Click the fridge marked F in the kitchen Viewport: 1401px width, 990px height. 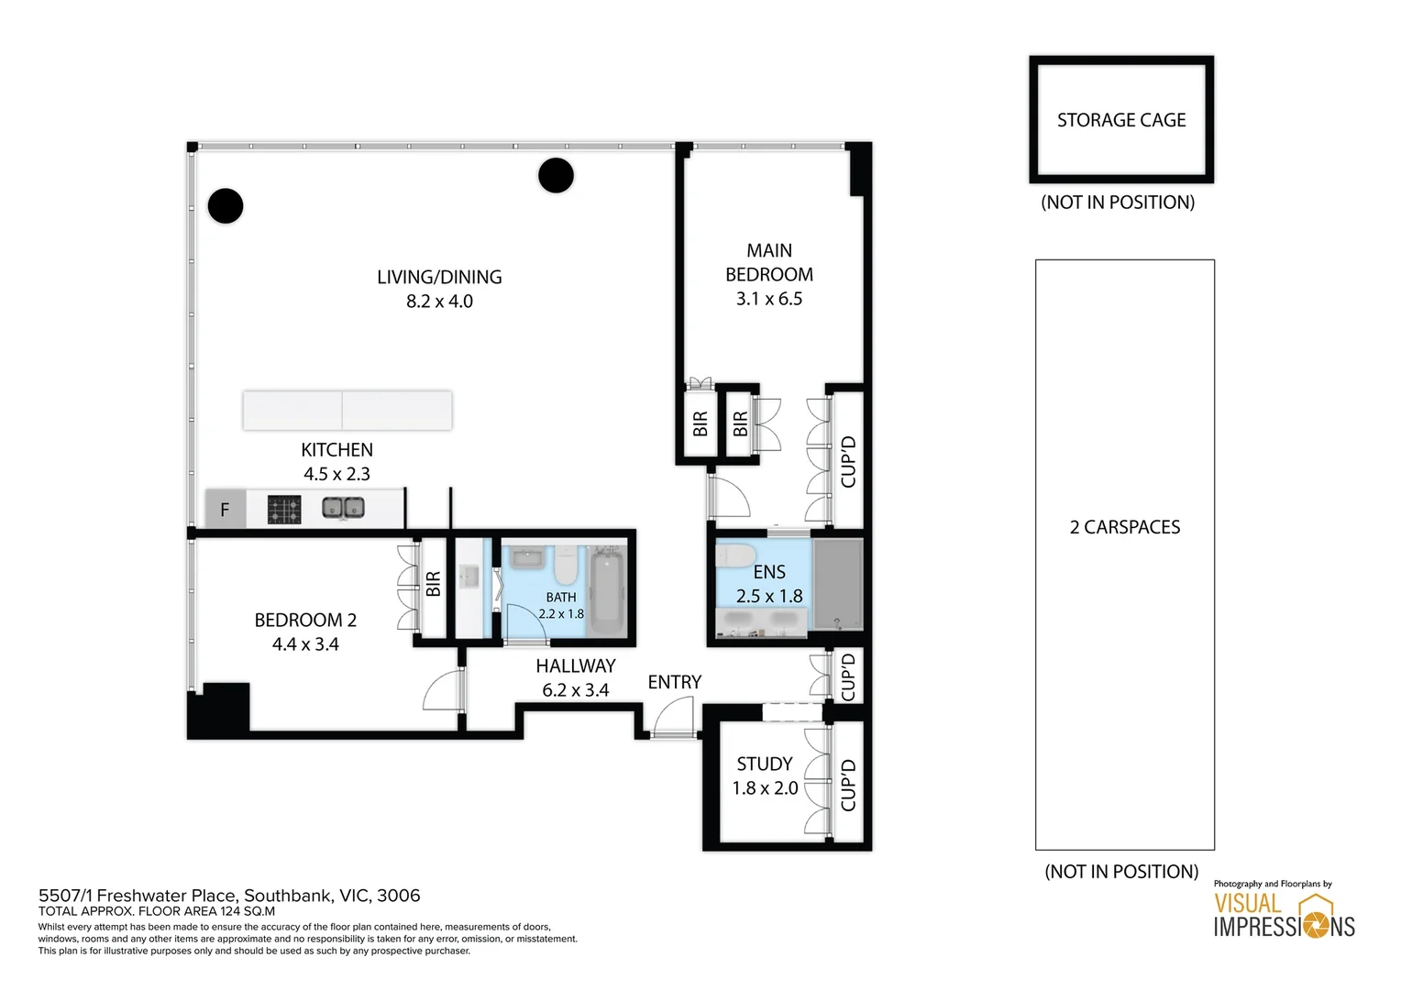click(x=225, y=510)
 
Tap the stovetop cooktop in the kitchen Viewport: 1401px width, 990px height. click(x=284, y=510)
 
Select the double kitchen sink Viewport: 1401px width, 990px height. click(x=343, y=508)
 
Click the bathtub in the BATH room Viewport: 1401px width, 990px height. click(x=607, y=591)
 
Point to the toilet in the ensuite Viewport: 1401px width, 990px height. click(x=735, y=555)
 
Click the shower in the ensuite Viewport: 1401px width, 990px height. click(x=838, y=584)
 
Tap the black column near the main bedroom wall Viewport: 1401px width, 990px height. click(x=556, y=175)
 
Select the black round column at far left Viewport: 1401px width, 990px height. click(x=226, y=206)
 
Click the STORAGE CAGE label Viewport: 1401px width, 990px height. click(x=1120, y=120)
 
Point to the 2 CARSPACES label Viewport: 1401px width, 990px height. click(x=1124, y=527)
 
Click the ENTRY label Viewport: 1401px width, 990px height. click(x=674, y=682)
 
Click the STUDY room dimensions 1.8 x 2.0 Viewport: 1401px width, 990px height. click(x=765, y=788)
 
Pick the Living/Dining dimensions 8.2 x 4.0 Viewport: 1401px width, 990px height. click(x=439, y=302)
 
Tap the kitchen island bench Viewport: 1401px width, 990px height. click(x=347, y=410)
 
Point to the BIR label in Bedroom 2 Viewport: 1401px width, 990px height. click(x=434, y=584)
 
